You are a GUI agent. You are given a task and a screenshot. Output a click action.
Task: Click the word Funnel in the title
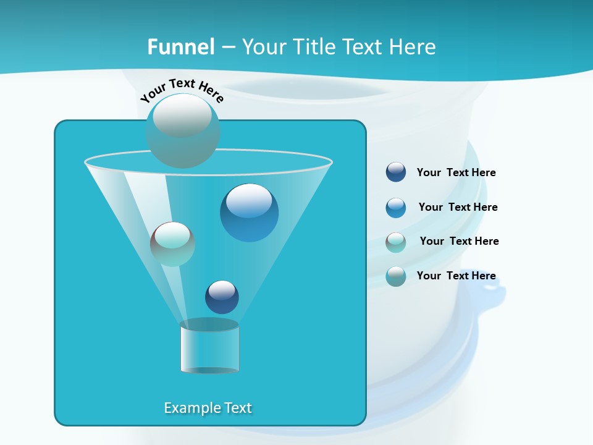pyautogui.click(x=180, y=47)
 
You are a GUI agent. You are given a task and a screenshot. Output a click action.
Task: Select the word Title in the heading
pyautogui.click(x=312, y=47)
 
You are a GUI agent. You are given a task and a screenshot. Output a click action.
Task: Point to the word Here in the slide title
pyautogui.click(x=413, y=47)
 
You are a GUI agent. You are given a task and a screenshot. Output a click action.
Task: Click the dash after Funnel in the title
pyautogui.click(x=227, y=48)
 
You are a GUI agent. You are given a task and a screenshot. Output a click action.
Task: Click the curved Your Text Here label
pyautogui.click(x=182, y=90)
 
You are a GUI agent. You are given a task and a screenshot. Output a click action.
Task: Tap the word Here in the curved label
pyautogui.click(x=211, y=93)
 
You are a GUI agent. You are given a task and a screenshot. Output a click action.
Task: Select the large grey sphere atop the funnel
pyautogui.click(x=182, y=130)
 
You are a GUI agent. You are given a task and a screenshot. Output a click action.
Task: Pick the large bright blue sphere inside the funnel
pyautogui.click(x=249, y=213)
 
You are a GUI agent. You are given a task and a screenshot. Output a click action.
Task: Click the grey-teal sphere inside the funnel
pyautogui.click(x=172, y=244)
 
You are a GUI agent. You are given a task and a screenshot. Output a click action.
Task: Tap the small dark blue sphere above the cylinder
pyautogui.click(x=222, y=297)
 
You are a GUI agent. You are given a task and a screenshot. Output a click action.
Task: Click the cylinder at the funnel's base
pyautogui.click(x=209, y=349)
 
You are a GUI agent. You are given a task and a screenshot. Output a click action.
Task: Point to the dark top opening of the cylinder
pyautogui.click(x=209, y=324)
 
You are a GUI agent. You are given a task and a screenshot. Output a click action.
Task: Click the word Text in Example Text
pyautogui.click(x=237, y=408)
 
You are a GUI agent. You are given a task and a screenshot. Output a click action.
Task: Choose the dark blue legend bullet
pyautogui.click(x=396, y=172)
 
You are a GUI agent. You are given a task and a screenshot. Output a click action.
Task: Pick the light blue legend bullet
pyautogui.click(x=396, y=208)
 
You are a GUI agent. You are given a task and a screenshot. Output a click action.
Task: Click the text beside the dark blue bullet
pyautogui.click(x=456, y=173)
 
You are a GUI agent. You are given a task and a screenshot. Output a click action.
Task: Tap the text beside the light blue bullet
pyautogui.click(x=458, y=207)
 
